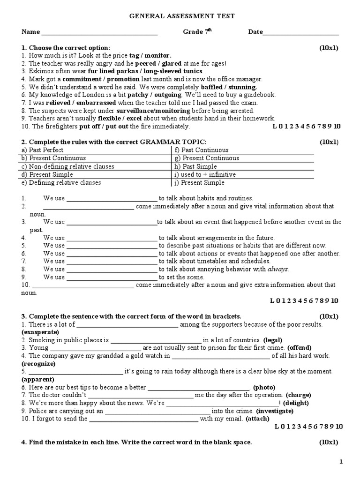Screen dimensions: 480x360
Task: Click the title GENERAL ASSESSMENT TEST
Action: point(182,16)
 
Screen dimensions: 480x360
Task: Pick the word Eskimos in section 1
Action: point(39,71)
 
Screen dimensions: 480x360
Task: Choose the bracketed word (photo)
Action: point(264,387)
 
